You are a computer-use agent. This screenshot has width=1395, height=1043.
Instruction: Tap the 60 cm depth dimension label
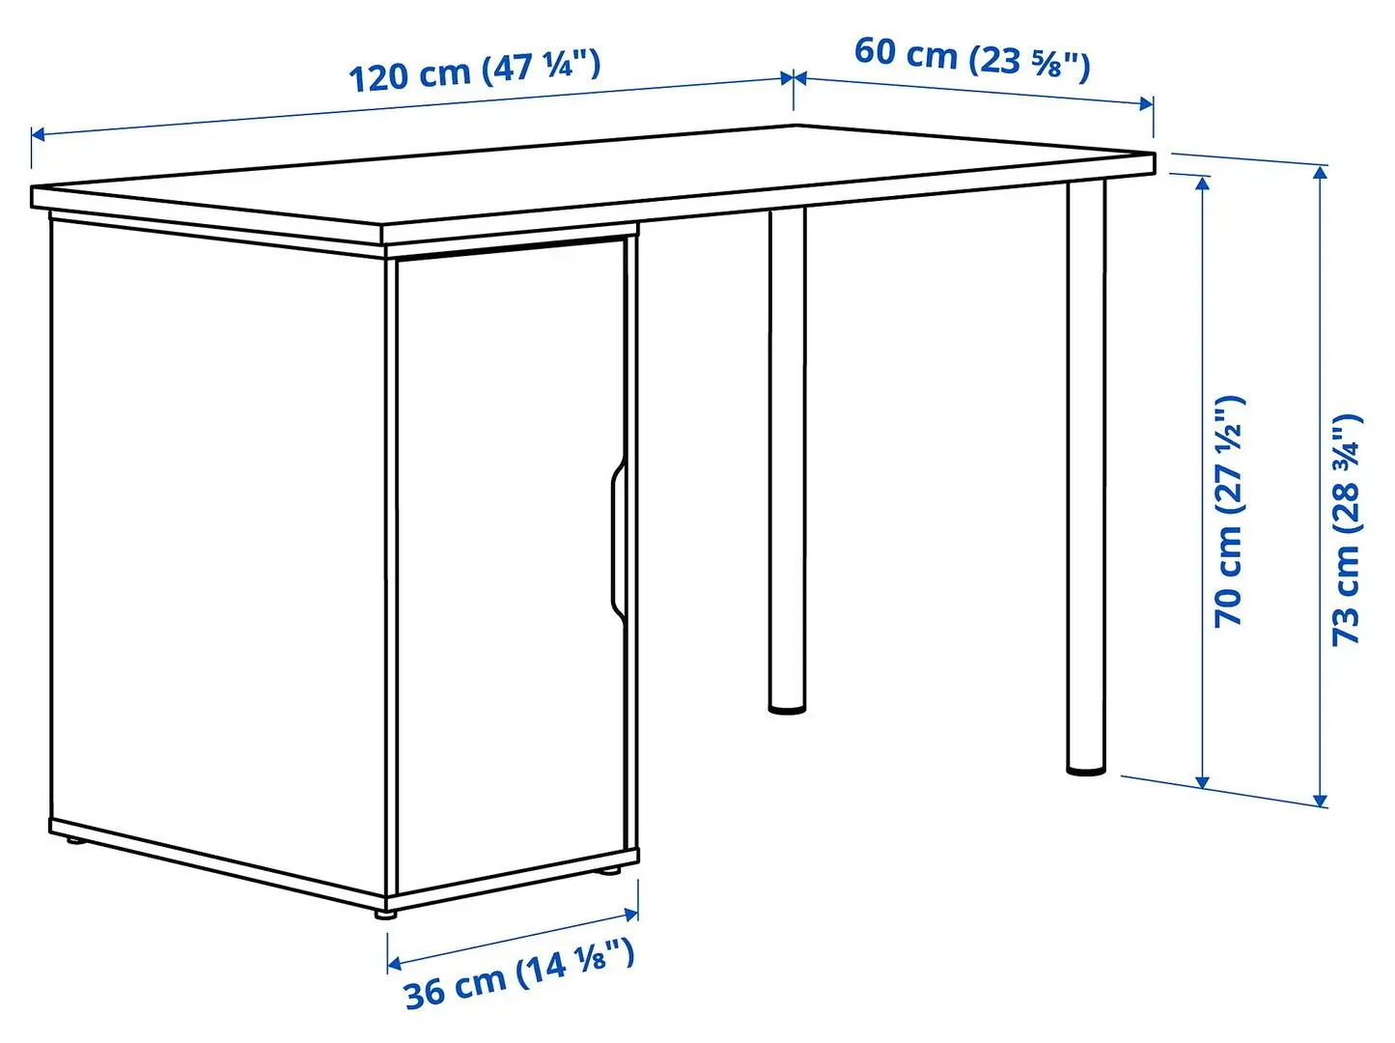tap(971, 57)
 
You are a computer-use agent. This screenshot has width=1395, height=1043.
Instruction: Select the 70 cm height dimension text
tap(1229, 512)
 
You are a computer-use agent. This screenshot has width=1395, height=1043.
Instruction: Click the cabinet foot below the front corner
tap(385, 911)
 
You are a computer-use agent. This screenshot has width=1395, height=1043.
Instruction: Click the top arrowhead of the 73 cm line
tap(1321, 172)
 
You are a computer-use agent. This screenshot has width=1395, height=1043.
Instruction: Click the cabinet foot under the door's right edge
tap(609, 871)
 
